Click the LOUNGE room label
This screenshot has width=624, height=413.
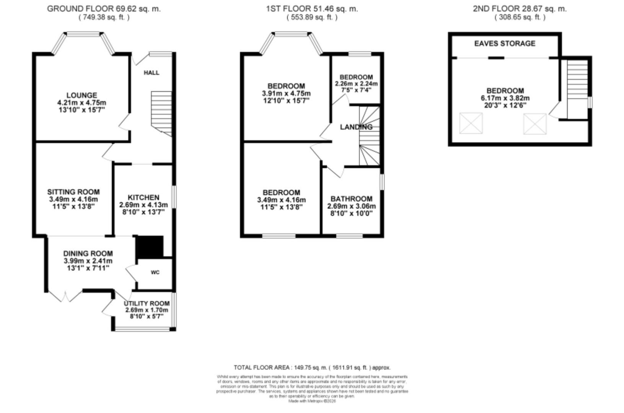click(x=81, y=95)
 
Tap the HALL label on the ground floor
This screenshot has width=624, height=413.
click(x=152, y=73)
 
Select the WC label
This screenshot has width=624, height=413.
click(x=155, y=273)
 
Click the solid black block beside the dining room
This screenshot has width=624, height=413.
click(x=150, y=247)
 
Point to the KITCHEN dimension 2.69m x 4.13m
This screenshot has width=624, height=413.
click(x=143, y=205)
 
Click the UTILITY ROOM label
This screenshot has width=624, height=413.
click(x=147, y=303)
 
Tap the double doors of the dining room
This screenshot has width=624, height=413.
click(x=65, y=296)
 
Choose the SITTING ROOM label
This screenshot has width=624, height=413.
click(x=73, y=192)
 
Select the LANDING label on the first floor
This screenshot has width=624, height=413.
click(x=356, y=127)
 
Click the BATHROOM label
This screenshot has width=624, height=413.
click(x=351, y=199)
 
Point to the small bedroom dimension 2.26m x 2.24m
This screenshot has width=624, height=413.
click(x=356, y=84)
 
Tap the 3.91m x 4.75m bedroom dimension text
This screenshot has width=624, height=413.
click(x=286, y=93)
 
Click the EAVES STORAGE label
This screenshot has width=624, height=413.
click(x=505, y=44)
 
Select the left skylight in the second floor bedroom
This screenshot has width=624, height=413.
click(x=471, y=123)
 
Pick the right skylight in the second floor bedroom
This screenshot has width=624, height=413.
click(x=534, y=124)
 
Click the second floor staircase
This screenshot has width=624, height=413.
click(x=577, y=90)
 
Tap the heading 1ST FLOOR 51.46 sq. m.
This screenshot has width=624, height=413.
click(x=312, y=9)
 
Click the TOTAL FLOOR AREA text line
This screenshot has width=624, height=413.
click(x=312, y=367)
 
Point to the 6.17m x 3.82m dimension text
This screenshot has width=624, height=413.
click(x=505, y=98)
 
